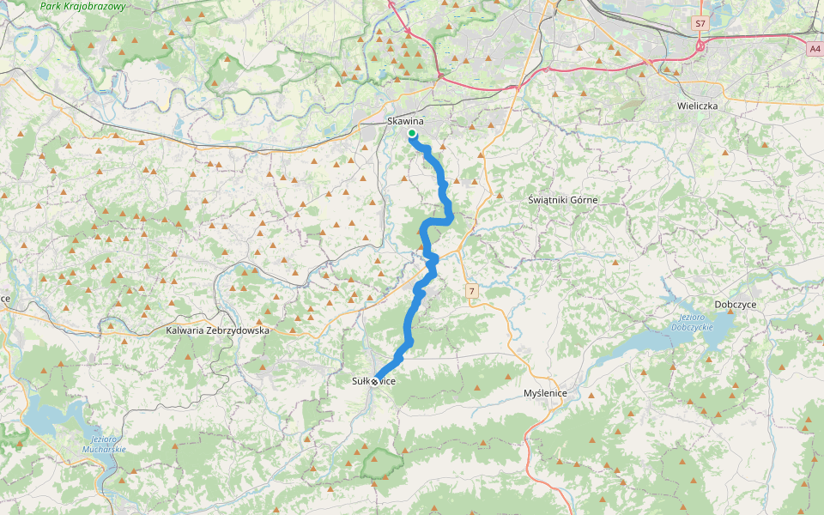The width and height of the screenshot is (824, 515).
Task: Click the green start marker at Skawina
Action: pyautogui.click(x=412, y=134)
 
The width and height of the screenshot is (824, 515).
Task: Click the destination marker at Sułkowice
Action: pyautogui.click(x=375, y=381)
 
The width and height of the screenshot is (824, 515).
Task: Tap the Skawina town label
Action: pyautogui.click(x=405, y=121)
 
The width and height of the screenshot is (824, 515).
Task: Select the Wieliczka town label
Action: pyautogui.click(x=696, y=106)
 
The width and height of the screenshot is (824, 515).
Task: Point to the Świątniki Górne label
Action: pyautogui.click(x=562, y=199)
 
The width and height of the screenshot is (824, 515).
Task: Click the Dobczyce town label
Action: pyautogui.click(x=736, y=305)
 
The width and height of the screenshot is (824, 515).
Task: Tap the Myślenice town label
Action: pyautogui.click(x=545, y=392)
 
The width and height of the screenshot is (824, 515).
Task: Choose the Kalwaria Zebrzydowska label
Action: pyautogui.click(x=218, y=330)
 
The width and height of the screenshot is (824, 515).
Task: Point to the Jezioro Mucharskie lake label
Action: pyautogui.click(x=105, y=444)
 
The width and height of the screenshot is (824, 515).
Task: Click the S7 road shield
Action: pyautogui.click(x=700, y=24)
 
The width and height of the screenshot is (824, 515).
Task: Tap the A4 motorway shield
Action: pyautogui.click(x=814, y=50)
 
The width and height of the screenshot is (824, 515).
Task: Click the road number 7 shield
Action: pyautogui.click(x=471, y=293)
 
